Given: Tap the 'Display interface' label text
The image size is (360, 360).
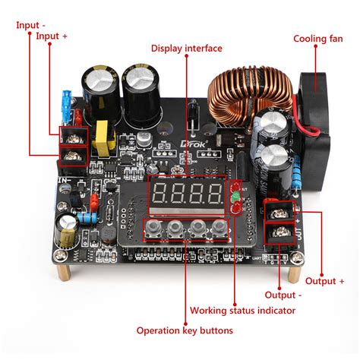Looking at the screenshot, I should (187, 49).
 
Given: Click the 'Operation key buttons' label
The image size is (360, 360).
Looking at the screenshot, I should (185, 330).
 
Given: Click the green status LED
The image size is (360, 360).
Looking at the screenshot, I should (235, 197).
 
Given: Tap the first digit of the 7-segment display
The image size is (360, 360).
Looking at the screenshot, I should (162, 193).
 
